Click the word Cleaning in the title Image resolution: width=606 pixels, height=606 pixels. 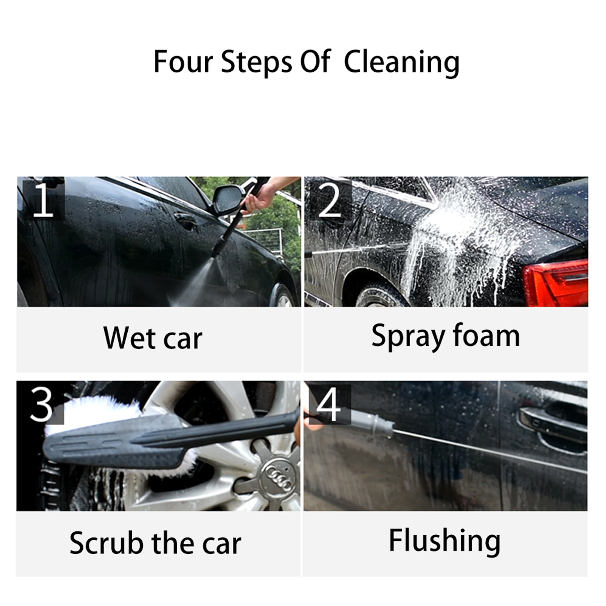tap(401, 63)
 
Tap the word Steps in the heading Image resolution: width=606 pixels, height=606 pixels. tap(257, 63)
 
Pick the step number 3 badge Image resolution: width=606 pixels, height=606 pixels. tap(41, 404)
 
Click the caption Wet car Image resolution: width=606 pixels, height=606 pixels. tap(153, 338)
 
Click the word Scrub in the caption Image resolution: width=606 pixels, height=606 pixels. tap(107, 543)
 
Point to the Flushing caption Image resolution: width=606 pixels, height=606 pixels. tap(444, 540)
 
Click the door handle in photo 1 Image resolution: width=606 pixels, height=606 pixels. tap(186, 220)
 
